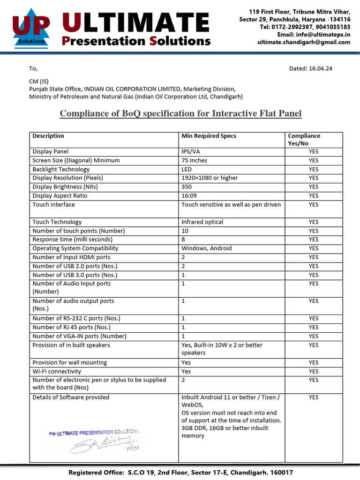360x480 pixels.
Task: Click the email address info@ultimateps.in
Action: pyautogui.click(x=321, y=35)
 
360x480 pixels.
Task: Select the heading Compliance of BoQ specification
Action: pyautogui.click(x=180, y=113)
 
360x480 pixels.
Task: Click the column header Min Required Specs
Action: pyautogui.click(x=209, y=136)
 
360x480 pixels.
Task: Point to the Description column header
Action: pyautogui.click(x=48, y=136)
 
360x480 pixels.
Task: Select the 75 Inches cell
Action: pyautogui.click(x=194, y=160)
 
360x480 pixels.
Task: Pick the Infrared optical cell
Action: pyautogui.click(x=202, y=222)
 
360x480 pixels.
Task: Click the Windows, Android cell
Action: pyautogui.click(x=206, y=248)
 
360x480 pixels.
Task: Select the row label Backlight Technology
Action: pyautogui.click(x=61, y=169)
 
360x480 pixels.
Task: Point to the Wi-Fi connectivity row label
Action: pyautogui.click(x=53, y=371)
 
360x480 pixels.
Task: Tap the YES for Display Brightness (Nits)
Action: pyautogui.click(x=313, y=187)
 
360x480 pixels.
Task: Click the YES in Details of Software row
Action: pyautogui.click(x=313, y=397)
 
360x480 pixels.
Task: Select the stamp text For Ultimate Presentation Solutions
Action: pyautogui.click(x=94, y=432)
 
